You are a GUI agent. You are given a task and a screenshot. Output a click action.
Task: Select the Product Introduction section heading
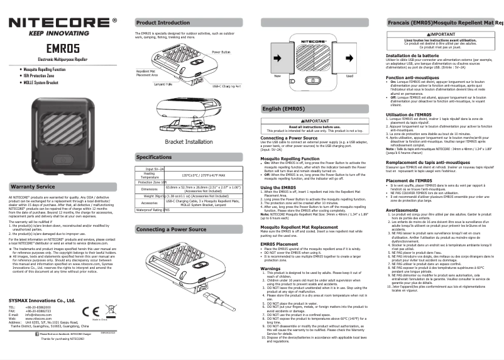[163, 23]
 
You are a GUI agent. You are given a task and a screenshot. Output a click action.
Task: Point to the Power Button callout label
[221, 52]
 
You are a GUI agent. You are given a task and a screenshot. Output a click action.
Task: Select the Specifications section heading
[154, 157]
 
